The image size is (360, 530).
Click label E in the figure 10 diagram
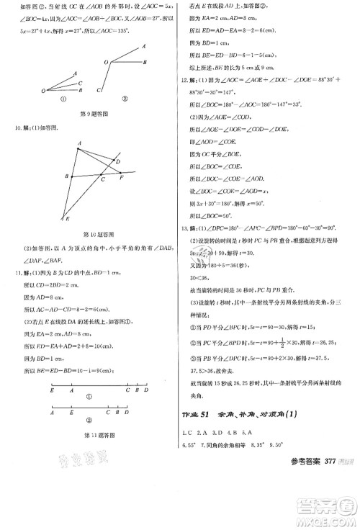tap(63, 218)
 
